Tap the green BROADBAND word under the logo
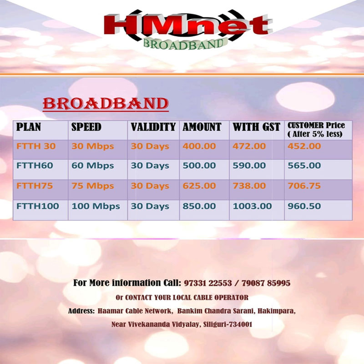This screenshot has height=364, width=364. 184,44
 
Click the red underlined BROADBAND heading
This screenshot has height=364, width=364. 106,104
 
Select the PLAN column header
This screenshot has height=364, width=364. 29,127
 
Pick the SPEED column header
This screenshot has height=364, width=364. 86,127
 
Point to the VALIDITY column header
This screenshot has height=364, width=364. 153,127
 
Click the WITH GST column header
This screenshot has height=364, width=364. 257,127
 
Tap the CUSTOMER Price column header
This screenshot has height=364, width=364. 316,130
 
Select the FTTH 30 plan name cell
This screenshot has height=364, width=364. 36,146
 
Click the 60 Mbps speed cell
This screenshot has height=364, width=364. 93,166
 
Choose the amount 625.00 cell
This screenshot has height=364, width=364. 199,186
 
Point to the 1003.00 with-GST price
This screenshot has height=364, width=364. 252,206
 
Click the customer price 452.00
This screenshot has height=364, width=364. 304,146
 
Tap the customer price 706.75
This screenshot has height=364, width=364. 304,186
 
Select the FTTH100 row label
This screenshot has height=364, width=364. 38,206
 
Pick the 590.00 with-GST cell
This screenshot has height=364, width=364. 249,166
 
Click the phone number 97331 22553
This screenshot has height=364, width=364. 208,283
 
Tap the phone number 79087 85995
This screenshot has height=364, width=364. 266,283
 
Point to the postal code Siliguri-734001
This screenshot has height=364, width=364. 228,324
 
